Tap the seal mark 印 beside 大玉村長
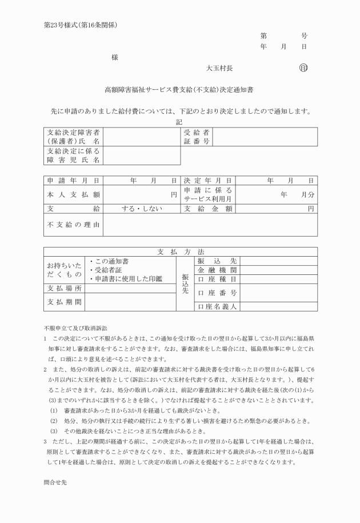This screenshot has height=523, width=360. pos(303,68)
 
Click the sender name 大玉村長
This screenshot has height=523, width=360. pos(219,68)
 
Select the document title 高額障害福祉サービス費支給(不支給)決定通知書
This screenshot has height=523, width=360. pos(179,90)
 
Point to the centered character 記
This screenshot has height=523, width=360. pos(179,121)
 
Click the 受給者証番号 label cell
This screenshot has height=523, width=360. pos(197,137)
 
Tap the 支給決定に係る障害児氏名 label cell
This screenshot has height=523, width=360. pos(73,155)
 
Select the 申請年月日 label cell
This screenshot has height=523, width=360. pos(73,181)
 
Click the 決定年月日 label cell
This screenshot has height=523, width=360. pos(208,181)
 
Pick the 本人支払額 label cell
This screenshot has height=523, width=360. pos(73,195)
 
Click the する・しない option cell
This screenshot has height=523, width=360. pos(142,209)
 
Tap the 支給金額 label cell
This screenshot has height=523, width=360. pos(208,209)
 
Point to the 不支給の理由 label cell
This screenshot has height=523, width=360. pos(73,225)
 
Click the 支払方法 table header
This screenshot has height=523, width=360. pos(180,251)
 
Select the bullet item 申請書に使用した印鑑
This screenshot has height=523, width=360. pos(127,279)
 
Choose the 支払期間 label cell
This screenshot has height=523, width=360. pos(65,302)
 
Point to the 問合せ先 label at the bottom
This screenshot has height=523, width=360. pos(55,498)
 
